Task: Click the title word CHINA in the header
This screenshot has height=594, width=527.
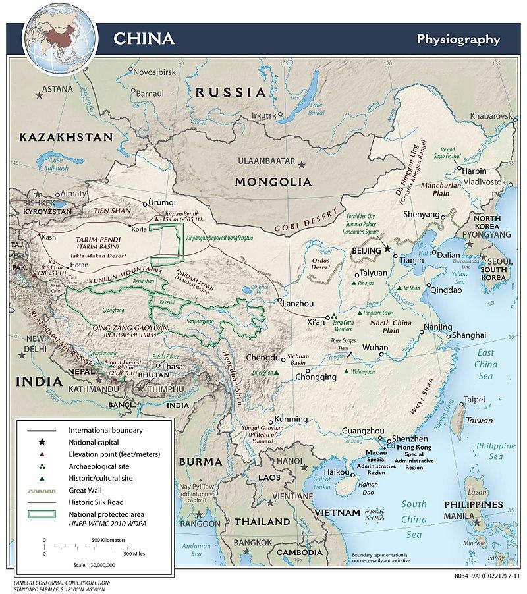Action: click(144, 38)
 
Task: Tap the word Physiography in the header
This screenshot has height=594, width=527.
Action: click(458, 38)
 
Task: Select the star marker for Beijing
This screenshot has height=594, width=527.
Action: click(387, 250)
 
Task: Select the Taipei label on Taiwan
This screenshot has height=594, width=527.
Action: click(475, 400)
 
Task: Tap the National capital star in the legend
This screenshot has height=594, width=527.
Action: click(41, 441)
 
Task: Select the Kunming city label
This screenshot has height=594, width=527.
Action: click(291, 419)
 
